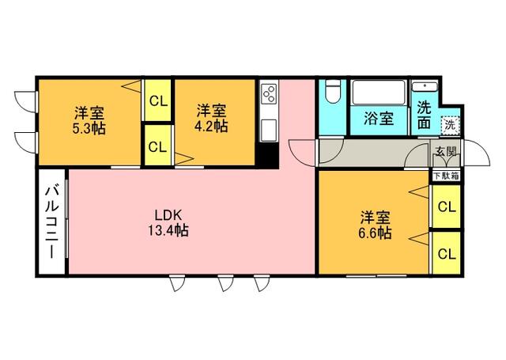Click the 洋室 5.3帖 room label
click(x=89, y=120)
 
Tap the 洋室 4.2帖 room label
click(x=211, y=118)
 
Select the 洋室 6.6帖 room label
click(x=376, y=225)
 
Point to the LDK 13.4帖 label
click(x=168, y=223)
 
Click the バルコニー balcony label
click(x=51, y=222)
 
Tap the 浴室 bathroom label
click(x=379, y=119)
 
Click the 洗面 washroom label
click(x=424, y=116)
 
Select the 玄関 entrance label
click(x=447, y=151)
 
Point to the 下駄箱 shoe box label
click(x=446, y=176)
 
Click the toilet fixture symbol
click(x=333, y=91)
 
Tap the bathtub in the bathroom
click(x=379, y=93)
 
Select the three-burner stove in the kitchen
click(x=269, y=93)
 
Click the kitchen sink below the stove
click(x=269, y=130)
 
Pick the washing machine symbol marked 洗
click(x=450, y=125)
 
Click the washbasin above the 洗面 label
click(x=425, y=87)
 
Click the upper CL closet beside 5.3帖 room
click(x=157, y=100)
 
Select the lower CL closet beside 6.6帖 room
click(x=446, y=253)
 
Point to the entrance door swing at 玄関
click(x=477, y=153)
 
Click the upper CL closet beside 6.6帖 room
click(x=446, y=207)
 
